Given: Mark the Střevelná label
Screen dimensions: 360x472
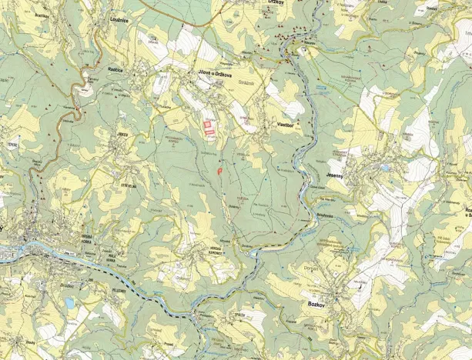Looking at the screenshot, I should tap(128, 185).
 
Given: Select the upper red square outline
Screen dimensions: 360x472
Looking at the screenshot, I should tap(206, 119).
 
